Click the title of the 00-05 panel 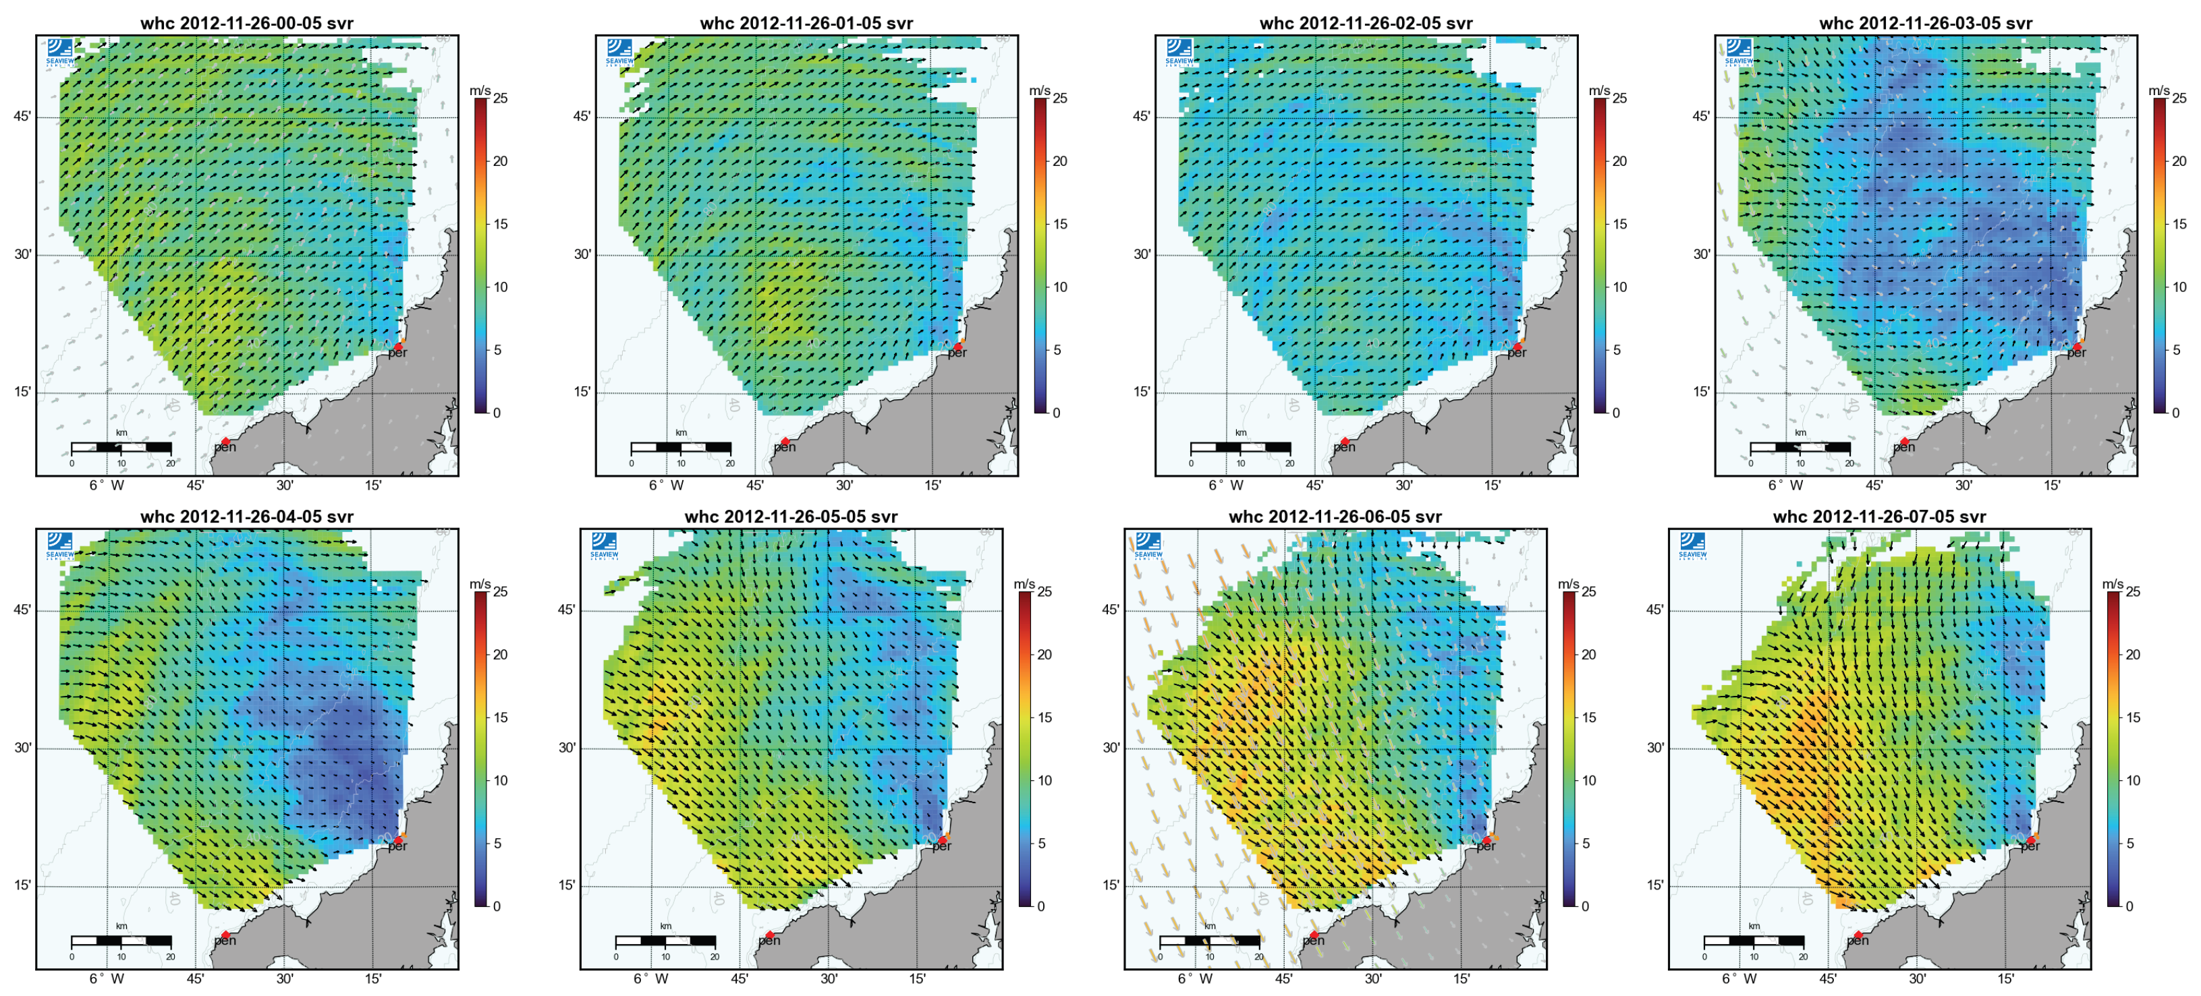pos(246,23)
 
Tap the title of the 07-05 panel pos(1879,517)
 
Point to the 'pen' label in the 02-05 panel pos(1344,446)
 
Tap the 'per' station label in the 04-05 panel pos(397,846)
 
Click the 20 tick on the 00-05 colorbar pos(501,161)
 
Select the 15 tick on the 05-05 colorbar pos(1045,717)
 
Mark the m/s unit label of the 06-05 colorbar pos(1569,584)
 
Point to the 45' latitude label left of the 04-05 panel pos(22,610)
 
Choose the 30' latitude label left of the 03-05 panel pos(1701,254)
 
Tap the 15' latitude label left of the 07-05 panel pos(1655,885)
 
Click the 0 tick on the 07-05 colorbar pos(2129,906)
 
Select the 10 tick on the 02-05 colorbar pos(1620,287)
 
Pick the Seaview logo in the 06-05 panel pos(1148,545)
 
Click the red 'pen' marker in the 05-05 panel pos(769,935)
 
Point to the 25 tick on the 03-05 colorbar pos(2179,98)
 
